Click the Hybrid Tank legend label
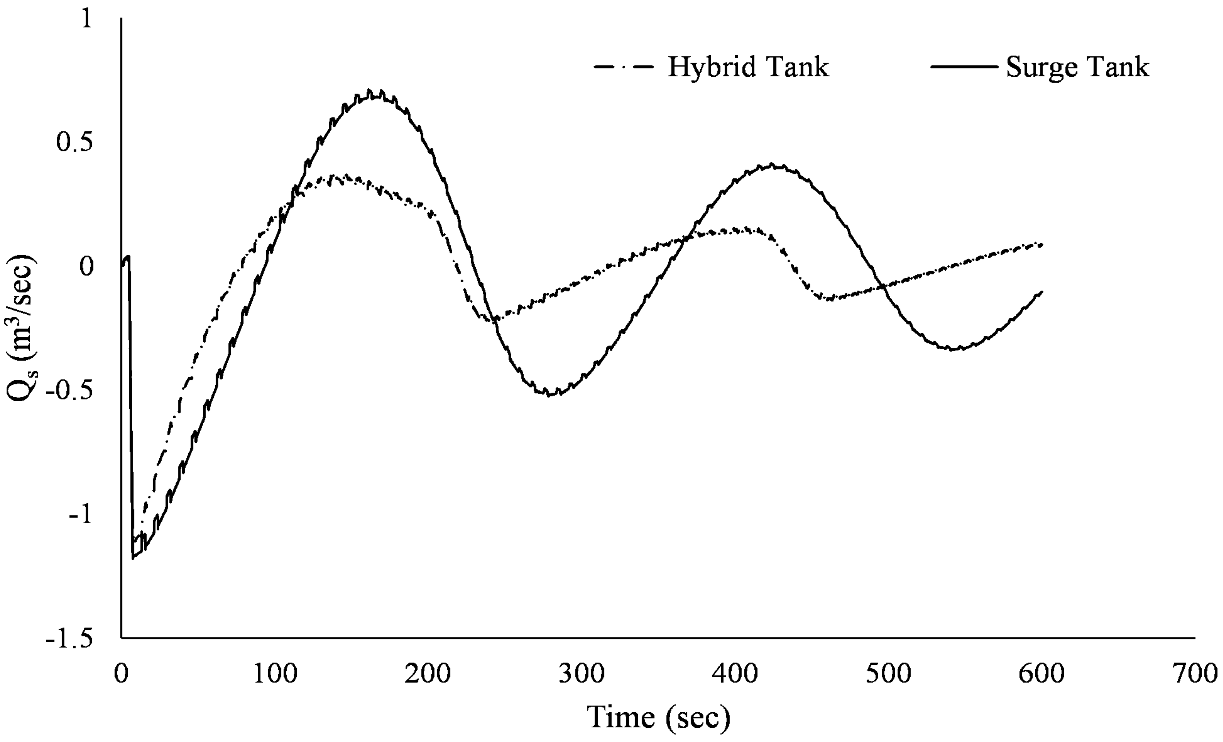point(748,67)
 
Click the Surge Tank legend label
point(1077,67)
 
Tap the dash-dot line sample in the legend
point(623,67)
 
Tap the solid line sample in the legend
point(963,67)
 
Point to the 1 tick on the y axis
point(87,20)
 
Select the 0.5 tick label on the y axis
point(75,143)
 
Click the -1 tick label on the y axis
point(80,515)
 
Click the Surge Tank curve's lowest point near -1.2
point(133,558)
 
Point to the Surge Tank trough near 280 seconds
point(549,395)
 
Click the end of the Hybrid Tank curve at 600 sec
point(1041,244)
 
